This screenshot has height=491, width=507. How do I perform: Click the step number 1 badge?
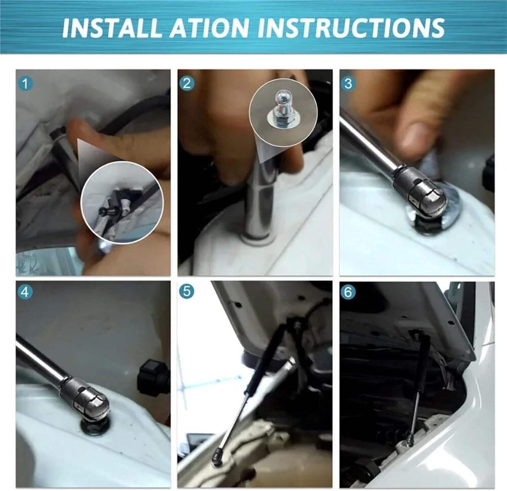25,83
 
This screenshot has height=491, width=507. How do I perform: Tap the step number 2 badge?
187,83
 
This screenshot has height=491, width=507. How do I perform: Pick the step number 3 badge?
348,83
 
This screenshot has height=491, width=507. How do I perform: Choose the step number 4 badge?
25,292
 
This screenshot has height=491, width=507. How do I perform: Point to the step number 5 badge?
187,292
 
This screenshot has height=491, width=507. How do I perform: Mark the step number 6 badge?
348,292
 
